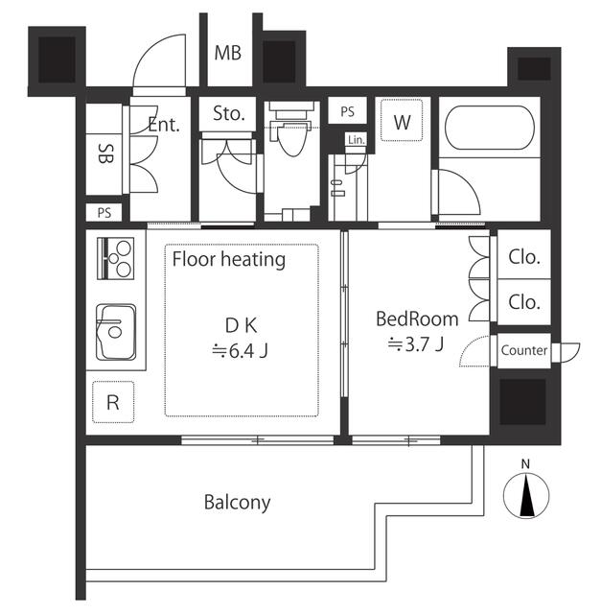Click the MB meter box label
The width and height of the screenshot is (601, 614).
[228, 54]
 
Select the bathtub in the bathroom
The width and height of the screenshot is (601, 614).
[490, 128]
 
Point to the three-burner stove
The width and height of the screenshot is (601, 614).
[115, 258]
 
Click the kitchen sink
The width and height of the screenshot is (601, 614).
[116, 332]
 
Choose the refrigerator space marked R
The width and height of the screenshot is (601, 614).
[113, 402]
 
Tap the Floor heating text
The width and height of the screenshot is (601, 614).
[229, 260]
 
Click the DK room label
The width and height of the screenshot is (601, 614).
[241, 325]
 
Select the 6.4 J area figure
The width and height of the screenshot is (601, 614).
[240, 351]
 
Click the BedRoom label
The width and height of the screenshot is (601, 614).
[417, 319]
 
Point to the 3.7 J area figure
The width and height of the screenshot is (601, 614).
[416, 344]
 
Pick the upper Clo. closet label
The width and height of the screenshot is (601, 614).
[524, 257]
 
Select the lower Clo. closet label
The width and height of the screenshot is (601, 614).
[524, 302]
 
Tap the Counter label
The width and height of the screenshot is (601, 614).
[524, 350]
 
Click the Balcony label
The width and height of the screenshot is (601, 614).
[237, 503]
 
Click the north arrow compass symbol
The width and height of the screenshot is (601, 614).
[526, 495]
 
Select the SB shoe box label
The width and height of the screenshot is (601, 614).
[105, 153]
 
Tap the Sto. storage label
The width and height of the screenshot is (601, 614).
[229, 113]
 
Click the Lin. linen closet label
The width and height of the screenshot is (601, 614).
[357, 139]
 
